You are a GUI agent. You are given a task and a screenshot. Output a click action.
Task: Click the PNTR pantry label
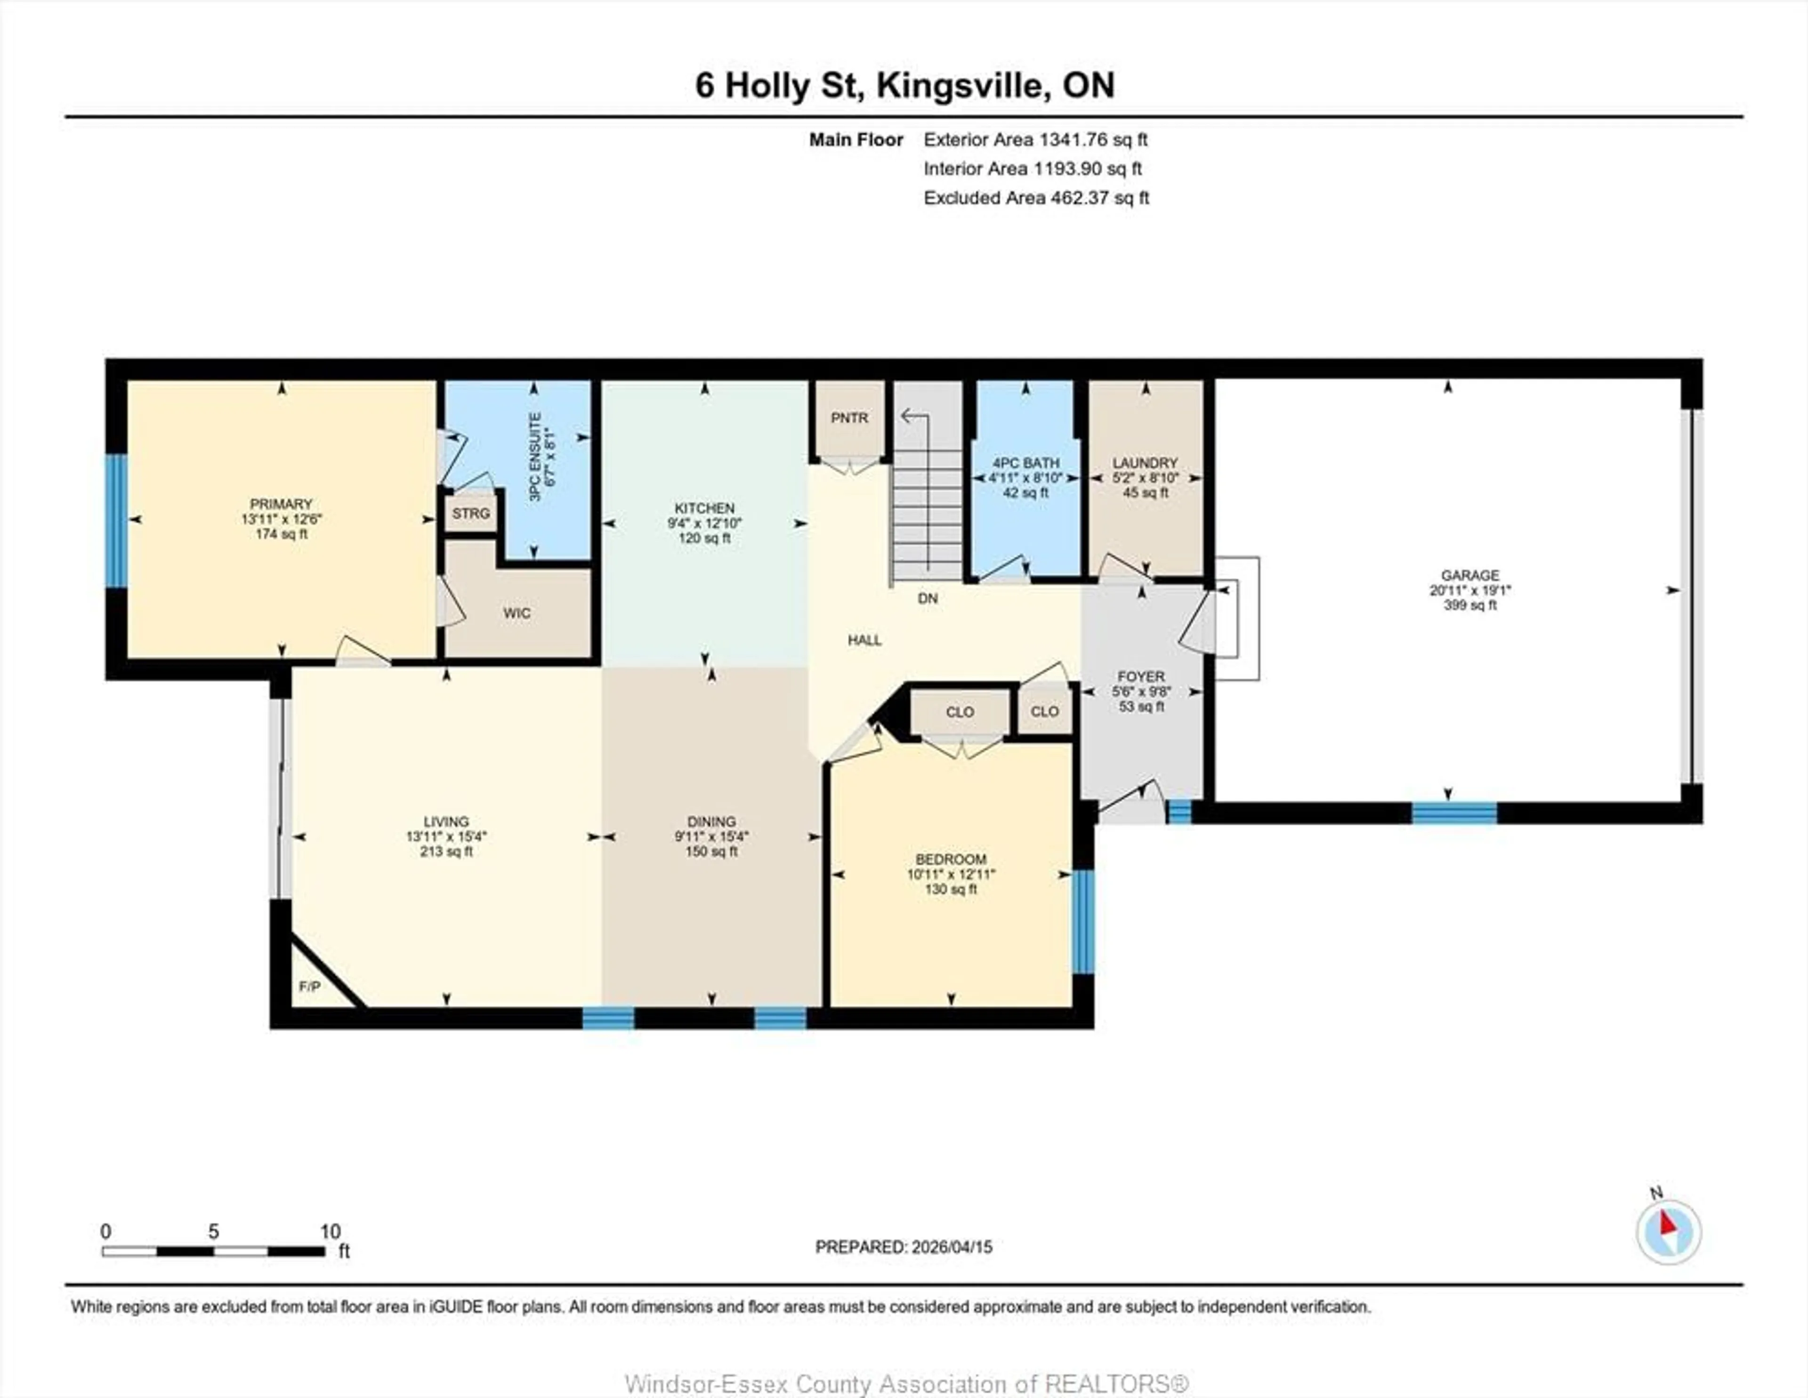click(849, 418)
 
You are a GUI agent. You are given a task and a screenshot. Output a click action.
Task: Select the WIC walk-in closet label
click(517, 613)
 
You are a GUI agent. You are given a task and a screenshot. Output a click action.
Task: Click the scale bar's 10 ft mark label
click(331, 1232)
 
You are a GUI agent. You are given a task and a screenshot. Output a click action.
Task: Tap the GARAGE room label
click(1469, 575)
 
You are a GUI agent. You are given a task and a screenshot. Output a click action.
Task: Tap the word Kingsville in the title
click(961, 85)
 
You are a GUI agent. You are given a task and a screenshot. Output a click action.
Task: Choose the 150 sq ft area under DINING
click(711, 852)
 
